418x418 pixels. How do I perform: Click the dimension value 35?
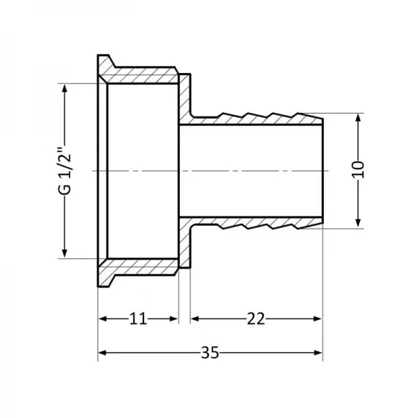(x=209, y=353)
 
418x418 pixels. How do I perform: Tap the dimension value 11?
(x=139, y=318)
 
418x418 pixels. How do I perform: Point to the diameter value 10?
(x=358, y=170)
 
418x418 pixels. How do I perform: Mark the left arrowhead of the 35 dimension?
(x=102, y=353)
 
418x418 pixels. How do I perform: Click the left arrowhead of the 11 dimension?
(x=102, y=318)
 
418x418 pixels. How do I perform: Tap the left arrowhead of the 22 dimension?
(x=195, y=318)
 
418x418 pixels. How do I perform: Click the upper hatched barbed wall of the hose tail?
(x=258, y=116)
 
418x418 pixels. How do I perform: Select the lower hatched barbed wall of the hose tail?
(x=258, y=225)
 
